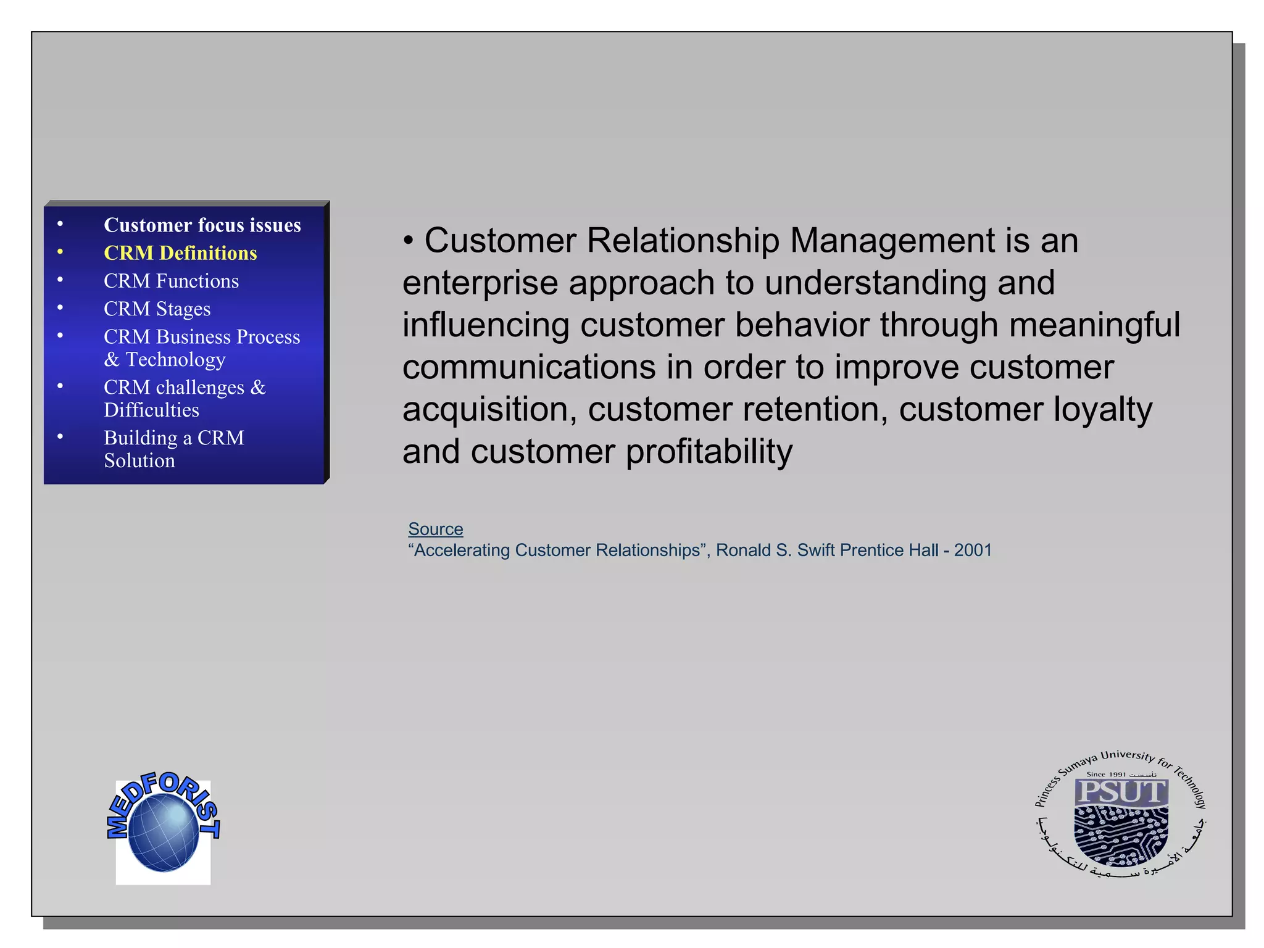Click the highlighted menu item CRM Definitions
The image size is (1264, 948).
(180, 253)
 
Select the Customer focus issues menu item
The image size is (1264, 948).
(202, 225)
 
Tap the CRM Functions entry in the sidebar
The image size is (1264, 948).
(171, 281)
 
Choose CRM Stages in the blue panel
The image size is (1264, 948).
(157, 309)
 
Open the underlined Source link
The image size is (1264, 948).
(435, 529)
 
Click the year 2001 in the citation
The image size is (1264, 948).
(973, 550)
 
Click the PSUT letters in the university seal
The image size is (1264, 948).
(1121, 792)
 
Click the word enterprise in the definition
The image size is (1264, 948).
(480, 283)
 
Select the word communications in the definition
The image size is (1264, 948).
(529, 367)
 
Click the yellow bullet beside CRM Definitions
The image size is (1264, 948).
(60, 252)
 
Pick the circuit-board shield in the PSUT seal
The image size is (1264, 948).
(1120, 836)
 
